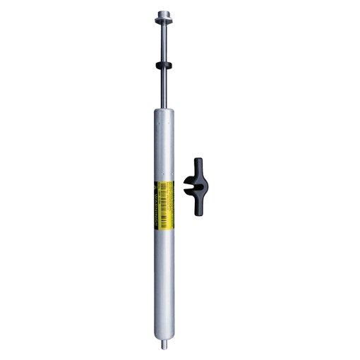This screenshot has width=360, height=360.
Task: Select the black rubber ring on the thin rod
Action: (x=164, y=64)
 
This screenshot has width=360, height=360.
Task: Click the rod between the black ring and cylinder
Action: (x=164, y=88)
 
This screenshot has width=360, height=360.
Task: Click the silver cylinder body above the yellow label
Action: (x=164, y=145)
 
